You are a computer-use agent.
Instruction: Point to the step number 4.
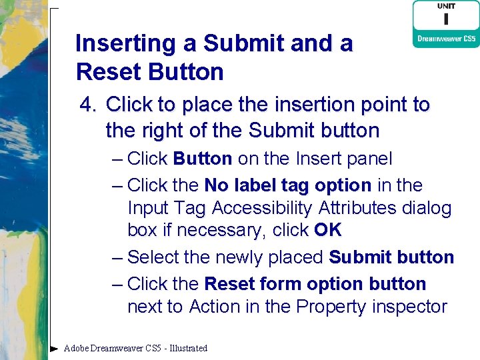(88, 105)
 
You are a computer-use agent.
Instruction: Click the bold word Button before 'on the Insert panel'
(202, 159)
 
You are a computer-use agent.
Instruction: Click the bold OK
(327, 231)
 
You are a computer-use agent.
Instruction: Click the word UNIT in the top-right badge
(446, 6)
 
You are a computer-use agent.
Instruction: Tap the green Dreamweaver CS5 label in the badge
(446, 39)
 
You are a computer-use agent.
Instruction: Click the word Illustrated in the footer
(189, 348)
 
